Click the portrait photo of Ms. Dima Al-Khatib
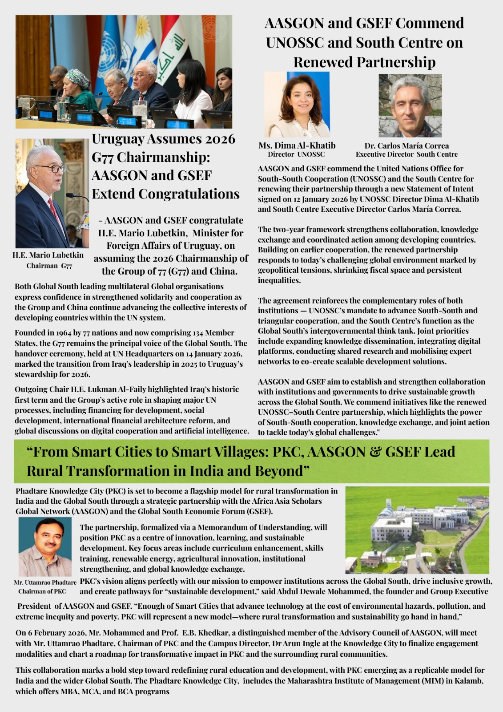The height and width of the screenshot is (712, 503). (297, 105)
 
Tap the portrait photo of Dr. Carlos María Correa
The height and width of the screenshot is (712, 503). (410, 106)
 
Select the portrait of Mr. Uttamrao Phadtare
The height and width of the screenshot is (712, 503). (45, 547)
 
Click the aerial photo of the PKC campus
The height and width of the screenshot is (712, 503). (417, 530)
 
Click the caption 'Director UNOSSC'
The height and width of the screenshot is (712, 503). (296, 154)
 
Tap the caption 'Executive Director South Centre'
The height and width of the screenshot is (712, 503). (406, 154)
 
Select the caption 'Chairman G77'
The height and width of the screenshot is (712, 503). (49, 266)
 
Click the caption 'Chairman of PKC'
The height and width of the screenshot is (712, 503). (42, 591)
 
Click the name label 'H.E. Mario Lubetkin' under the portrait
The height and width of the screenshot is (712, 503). (48, 255)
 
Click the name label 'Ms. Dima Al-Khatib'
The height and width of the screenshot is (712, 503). (297, 146)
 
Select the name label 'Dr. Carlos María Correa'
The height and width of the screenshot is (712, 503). (406, 146)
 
